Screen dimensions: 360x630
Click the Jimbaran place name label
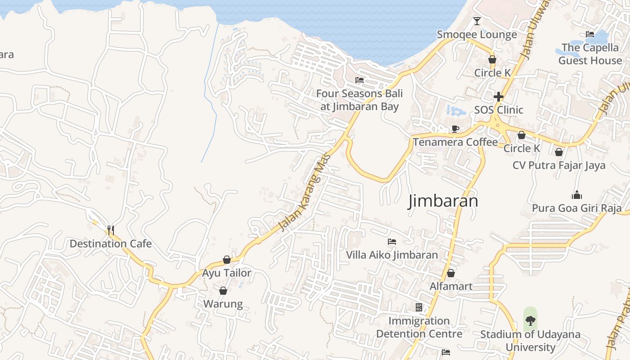pos(443,201)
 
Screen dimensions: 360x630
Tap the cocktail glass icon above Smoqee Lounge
pos(477,21)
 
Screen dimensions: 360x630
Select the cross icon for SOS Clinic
pos(498,97)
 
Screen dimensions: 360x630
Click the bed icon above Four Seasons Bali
pos(360,80)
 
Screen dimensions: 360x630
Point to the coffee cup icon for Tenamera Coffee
pos(455,129)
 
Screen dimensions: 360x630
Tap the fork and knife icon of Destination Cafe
pos(110,230)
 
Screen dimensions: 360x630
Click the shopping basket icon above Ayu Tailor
pos(227,260)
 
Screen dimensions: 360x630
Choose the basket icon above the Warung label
pos(223,291)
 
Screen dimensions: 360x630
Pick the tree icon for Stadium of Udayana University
pos(531,321)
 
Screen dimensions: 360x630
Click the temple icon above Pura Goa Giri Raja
pos(576,195)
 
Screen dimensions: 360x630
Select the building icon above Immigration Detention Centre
pos(419,307)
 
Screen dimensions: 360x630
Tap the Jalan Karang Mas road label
pos(305,193)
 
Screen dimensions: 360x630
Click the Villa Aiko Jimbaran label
pos(391,255)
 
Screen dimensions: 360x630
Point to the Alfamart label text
pos(451,286)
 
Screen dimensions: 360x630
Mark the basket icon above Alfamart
pos(451,273)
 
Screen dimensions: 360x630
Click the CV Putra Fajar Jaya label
pos(559,165)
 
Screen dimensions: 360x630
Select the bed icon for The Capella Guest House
pos(590,34)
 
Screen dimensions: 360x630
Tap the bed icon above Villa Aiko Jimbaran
pos(392,242)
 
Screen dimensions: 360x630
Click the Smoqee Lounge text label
pos(477,35)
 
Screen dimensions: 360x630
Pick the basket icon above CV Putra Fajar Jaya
pos(559,152)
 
